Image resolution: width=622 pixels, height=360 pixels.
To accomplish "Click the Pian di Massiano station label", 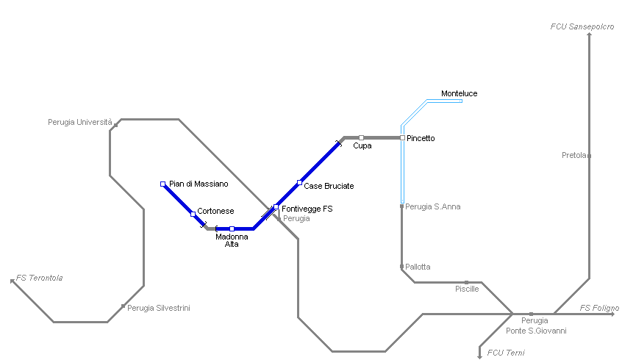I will (x=199, y=184).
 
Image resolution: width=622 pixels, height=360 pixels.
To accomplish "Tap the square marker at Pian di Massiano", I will (x=162, y=184).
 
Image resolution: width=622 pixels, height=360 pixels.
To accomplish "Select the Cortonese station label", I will (x=215, y=211).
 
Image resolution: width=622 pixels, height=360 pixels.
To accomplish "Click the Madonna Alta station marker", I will (x=232, y=228).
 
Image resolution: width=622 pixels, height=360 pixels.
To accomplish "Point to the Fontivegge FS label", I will (x=307, y=209).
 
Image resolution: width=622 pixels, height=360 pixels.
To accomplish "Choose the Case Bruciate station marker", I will (x=299, y=182).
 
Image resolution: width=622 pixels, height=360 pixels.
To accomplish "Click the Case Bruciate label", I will (x=329, y=186).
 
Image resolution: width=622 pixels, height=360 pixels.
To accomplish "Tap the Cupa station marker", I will (x=361, y=137).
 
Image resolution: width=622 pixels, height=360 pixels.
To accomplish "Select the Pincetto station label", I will (x=421, y=138).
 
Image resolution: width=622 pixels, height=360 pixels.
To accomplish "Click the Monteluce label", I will (x=459, y=93).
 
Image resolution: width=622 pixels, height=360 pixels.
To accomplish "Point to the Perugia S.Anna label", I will (x=433, y=206).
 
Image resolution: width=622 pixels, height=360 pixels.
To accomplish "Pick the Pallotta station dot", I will (x=401, y=266).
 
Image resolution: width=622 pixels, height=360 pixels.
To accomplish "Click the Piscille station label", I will (x=467, y=289).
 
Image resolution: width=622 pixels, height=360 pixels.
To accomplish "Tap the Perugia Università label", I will (x=80, y=122).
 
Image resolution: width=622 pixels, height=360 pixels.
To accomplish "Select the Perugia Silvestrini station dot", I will (x=123, y=306).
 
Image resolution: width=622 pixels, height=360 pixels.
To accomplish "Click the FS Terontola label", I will (x=40, y=278).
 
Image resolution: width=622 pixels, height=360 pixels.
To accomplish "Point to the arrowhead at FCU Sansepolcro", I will (x=590, y=35).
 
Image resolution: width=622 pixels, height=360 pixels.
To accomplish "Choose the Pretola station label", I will (x=573, y=155).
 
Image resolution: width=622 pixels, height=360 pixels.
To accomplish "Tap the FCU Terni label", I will (x=506, y=353).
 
